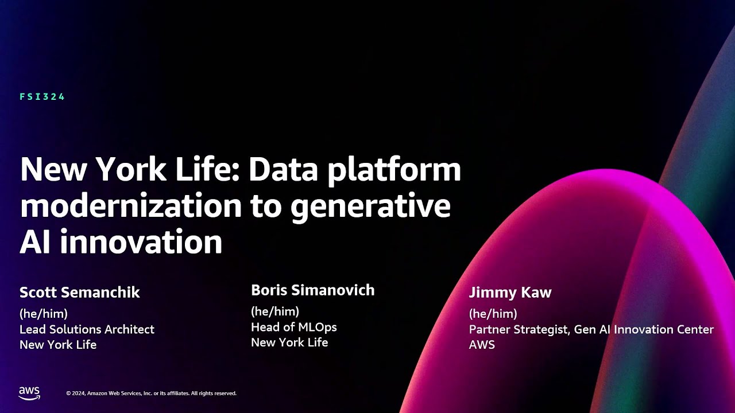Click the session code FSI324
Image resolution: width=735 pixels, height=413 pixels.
pyautogui.click(x=42, y=97)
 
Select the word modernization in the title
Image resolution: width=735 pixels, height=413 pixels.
pyautogui.click(x=130, y=206)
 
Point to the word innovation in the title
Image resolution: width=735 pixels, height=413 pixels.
pyautogui.click(x=141, y=241)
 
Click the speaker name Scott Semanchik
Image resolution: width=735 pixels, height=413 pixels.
pyautogui.click(x=80, y=293)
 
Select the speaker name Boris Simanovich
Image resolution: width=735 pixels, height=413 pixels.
pyautogui.click(x=313, y=290)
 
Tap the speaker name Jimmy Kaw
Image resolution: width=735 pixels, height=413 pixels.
pyautogui.click(x=510, y=293)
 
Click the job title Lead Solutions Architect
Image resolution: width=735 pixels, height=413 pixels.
pyautogui.click(x=87, y=329)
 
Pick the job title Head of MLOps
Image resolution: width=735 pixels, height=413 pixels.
pyautogui.click(x=294, y=327)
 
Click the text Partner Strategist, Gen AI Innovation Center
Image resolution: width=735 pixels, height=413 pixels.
pyautogui.click(x=591, y=329)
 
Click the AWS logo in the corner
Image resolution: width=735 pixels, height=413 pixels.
pyautogui.click(x=29, y=393)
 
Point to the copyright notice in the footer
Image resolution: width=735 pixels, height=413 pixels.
pyautogui.click(x=151, y=393)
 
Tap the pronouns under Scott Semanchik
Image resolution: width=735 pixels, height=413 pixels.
pyautogui.click(x=44, y=314)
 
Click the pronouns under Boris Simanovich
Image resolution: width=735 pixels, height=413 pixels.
pyautogui.click(x=275, y=311)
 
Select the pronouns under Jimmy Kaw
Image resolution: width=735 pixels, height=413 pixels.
pyautogui.click(x=493, y=314)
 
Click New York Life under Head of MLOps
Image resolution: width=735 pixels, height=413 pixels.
pyautogui.click(x=289, y=342)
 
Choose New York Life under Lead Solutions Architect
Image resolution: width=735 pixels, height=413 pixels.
pyautogui.click(x=58, y=345)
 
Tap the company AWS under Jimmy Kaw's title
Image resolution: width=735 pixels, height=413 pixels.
pyautogui.click(x=482, y=345)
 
